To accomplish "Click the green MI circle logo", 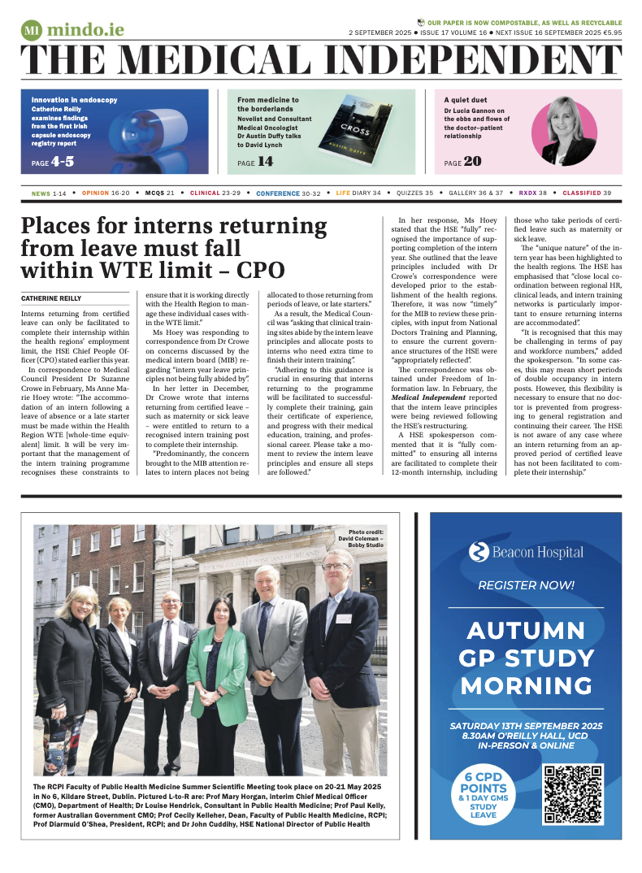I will (x=32, y=31).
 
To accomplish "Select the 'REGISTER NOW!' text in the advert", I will (x=526, y=584).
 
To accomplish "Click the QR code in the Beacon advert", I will (x=572, y=794).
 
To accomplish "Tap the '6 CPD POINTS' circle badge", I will (x=484, y=794).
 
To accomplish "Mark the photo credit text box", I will (x=366, y=538).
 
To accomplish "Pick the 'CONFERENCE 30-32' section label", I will (x=288, y=193).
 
